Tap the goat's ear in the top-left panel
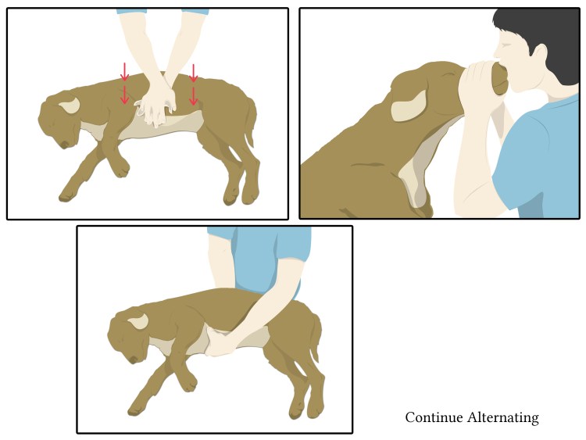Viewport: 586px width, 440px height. [70, 105]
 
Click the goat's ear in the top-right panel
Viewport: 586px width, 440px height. [409, 106]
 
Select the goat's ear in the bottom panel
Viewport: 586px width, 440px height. [138, 321]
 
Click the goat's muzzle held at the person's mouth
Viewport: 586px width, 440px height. [500, 79]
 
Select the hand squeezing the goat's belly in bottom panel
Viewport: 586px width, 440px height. [221, 343]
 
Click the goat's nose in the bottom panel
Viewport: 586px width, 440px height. [134, 360]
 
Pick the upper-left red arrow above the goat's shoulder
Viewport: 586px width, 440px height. [124, 72]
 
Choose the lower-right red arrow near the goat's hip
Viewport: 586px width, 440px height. [193, 96]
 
